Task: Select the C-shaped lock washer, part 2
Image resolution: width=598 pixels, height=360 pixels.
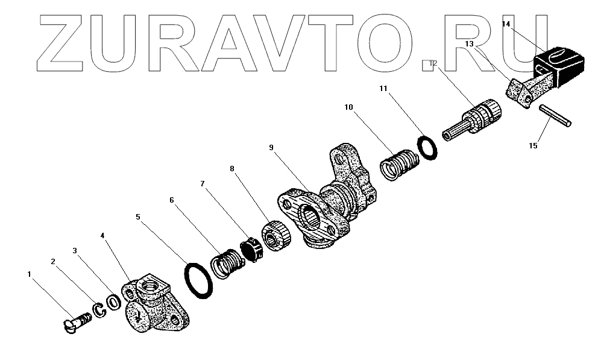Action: click(98, 310)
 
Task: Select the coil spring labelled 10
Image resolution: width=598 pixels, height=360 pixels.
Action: click(398, 163)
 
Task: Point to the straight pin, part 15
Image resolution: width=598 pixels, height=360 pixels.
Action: click(555, 116)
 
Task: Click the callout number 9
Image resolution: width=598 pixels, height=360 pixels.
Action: click(271, 147)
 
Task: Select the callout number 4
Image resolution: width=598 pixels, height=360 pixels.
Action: click(103, 236)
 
